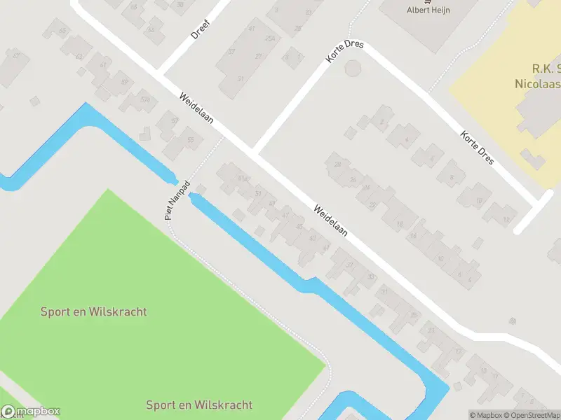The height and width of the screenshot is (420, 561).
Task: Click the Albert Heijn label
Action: (x=429, y=9)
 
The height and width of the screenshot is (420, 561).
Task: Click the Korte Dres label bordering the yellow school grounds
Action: (x=477, y=148)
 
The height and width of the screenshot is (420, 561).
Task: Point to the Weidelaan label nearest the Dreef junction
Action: (x=196, y=112)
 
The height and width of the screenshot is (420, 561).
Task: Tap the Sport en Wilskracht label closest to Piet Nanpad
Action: (x=94, y=311)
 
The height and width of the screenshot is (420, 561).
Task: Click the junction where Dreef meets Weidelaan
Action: (x=160, y=74)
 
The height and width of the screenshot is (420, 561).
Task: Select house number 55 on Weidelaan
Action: (x=190, y=139)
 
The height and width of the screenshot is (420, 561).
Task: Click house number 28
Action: (x=337, y=164)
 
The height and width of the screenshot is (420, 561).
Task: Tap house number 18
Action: (x=400, y=224)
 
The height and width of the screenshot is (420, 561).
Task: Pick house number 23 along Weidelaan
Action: (x=431, y=330)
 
